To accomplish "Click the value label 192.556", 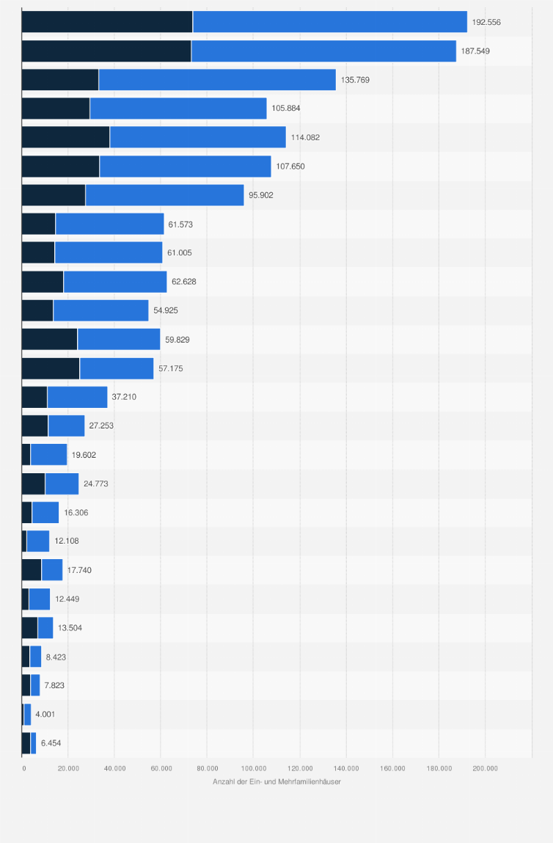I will (486, 22).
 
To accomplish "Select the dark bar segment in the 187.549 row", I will (106, 51).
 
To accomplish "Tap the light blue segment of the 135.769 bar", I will (217, 79).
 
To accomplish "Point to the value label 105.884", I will (286, 108).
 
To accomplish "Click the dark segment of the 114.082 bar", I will (65, 137).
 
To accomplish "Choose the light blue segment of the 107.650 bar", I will (185, 166).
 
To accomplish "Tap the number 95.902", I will (263, 194).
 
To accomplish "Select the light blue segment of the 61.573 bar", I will (109, 224).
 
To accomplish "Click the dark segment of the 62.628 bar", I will (43, 281).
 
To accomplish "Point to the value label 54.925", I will (166, 310).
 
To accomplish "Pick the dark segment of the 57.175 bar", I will (51, 368).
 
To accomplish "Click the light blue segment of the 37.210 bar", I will (77, 397).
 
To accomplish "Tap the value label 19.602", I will (84, 455).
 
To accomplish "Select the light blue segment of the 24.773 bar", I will (62, 483).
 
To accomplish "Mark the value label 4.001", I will (45, 714).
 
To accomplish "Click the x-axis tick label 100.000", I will (253, 768).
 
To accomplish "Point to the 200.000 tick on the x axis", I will (485, 768).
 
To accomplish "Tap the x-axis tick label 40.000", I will (114, 768).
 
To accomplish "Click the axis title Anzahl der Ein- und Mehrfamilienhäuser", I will (276, 781).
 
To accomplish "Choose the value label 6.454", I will (51, 742).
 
